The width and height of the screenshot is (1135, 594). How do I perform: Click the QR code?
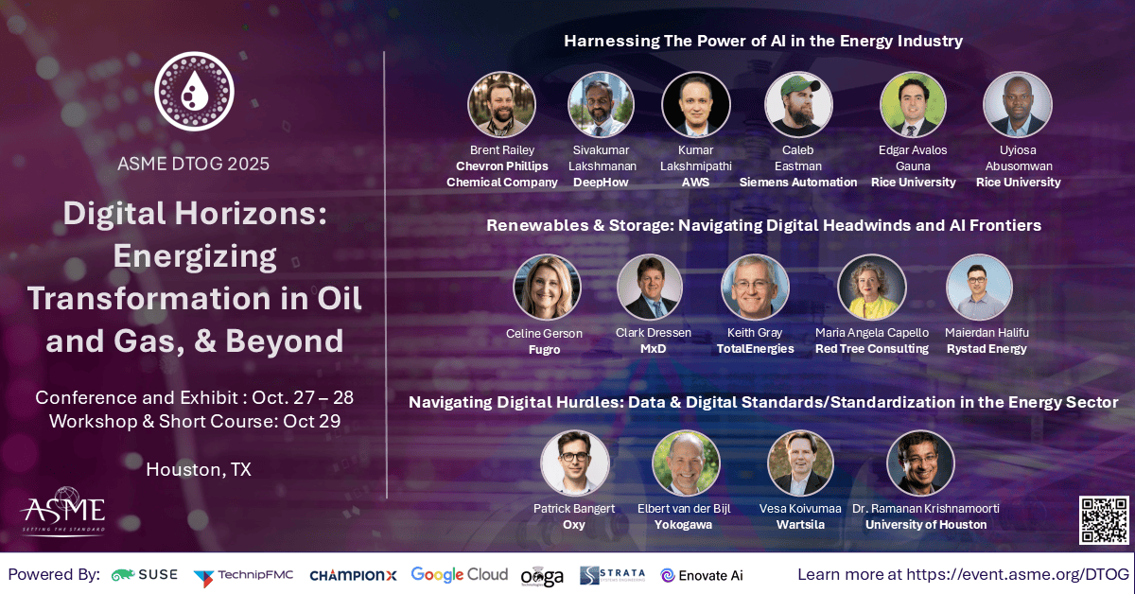[1104, 520]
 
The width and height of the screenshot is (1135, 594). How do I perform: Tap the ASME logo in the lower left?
[63, 511]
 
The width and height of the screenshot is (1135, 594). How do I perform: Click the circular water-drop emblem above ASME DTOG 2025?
[193, 93]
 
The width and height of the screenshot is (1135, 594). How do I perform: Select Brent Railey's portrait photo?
[502, 105]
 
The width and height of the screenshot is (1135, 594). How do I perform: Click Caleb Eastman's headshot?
[799, 105]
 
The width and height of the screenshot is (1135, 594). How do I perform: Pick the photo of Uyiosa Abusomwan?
[1018, 105]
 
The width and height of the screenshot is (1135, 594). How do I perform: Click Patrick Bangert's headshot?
[574, 463]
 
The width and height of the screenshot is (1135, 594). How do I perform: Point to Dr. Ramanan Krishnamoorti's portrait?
[920, 463]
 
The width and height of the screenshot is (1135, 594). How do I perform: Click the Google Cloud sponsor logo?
[458, 574]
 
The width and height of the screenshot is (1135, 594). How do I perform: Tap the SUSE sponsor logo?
[145, 574]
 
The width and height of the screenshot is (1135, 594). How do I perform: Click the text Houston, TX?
[199, 468]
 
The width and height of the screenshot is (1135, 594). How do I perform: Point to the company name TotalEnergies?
[754, 349]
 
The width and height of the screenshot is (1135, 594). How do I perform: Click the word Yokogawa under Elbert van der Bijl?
[682, 525]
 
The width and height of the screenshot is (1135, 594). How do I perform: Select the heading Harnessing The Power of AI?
[763, 41]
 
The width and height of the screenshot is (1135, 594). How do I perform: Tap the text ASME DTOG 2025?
[193, 163]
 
